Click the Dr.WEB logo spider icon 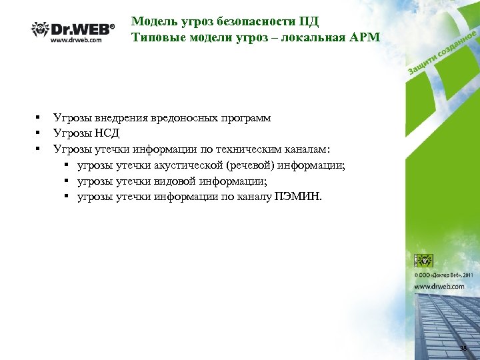pos(41,29)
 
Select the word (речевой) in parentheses pos(255,165)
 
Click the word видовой pos(183,181)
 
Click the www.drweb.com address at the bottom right pos(439,286)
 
